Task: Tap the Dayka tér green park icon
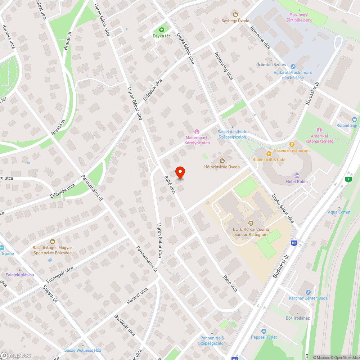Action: tap(161, 30)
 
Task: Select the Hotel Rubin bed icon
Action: tap(297, 175)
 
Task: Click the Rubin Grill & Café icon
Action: tap(269, 153)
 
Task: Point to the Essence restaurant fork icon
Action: tap(292, 144)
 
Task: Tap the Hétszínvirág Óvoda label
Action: tap(222, 167)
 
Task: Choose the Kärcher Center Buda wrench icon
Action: tap(308, 292)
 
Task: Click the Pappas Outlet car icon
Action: tap(264, 331)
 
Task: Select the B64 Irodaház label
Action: tap(298, 318)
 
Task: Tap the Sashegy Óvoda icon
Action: tap(235, 14)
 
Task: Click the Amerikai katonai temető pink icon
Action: tap(319, 130)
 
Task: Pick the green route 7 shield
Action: tap(348, 179)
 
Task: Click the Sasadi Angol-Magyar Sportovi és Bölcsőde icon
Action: tap(53, 241)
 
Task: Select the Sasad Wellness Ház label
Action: tap(83, 350)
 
